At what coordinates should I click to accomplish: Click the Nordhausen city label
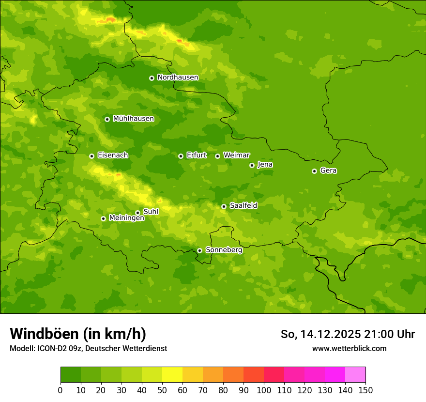tap(178, 77)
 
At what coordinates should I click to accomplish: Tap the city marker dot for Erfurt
tap(181, 156)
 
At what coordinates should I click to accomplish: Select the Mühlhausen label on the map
tap(133, 119)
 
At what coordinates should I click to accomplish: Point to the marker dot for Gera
tap(314, 171)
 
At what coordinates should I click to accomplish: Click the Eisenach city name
tap(113, 155)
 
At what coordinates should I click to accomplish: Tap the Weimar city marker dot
tap(217, 156)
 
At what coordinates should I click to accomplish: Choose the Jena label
tap(265, 165)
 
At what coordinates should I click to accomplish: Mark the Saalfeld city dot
tap(224, 206)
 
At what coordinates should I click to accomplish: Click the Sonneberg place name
tap(224, 250)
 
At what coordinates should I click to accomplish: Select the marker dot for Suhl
tap(137, 213)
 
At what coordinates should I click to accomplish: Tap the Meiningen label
tap(126, 218)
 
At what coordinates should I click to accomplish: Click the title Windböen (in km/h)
tap(78, 334)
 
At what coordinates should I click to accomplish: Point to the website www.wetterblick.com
tap(349, 348)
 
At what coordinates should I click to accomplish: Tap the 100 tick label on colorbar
tap(264, 390)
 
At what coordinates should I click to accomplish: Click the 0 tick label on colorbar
tap(61, 390)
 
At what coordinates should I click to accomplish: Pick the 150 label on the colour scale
tap(365, 390)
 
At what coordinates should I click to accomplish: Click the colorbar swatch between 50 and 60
tap(172, 375)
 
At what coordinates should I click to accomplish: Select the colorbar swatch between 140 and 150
tap(355, 375)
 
